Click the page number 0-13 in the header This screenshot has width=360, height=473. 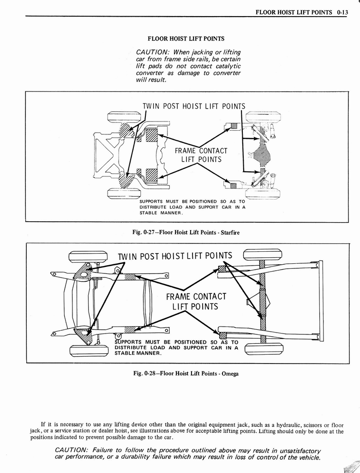(342, 12)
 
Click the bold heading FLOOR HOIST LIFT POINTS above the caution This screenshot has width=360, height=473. (186, 39)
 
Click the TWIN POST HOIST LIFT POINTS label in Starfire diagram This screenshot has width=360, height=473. (194, 106)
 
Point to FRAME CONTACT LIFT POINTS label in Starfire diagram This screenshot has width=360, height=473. (201, 155)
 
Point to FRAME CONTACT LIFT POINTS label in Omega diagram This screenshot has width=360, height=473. (196, 302)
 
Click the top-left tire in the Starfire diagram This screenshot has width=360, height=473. (124, 116)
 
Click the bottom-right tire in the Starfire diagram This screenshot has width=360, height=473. (263, 194)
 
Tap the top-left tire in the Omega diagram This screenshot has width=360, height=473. (88, 256)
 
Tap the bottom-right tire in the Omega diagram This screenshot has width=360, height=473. (264, 349)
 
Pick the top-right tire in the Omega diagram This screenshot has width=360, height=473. (263, 255)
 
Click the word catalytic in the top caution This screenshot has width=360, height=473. (227, 67)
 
